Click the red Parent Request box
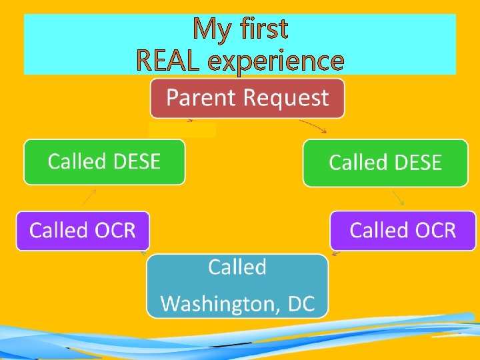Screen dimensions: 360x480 [247, 98]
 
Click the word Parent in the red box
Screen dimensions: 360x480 [202, 98]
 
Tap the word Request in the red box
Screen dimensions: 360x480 [286, 99]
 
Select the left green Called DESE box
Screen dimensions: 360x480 [104, 161]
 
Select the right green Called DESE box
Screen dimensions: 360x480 [385, 163]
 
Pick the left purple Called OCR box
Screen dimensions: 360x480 [83, 231]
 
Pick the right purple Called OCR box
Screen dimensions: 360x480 [403, 231]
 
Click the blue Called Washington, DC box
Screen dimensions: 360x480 [237, 285]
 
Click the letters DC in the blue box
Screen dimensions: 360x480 [301, 304]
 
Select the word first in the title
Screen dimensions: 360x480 [265, 29]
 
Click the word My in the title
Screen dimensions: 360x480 [211, 29]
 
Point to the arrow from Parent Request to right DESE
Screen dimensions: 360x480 [313, 126]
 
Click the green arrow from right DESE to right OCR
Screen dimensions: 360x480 [397, 197]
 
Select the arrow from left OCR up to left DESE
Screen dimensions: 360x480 [89, 197]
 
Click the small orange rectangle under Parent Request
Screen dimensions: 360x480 [182, 130]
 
